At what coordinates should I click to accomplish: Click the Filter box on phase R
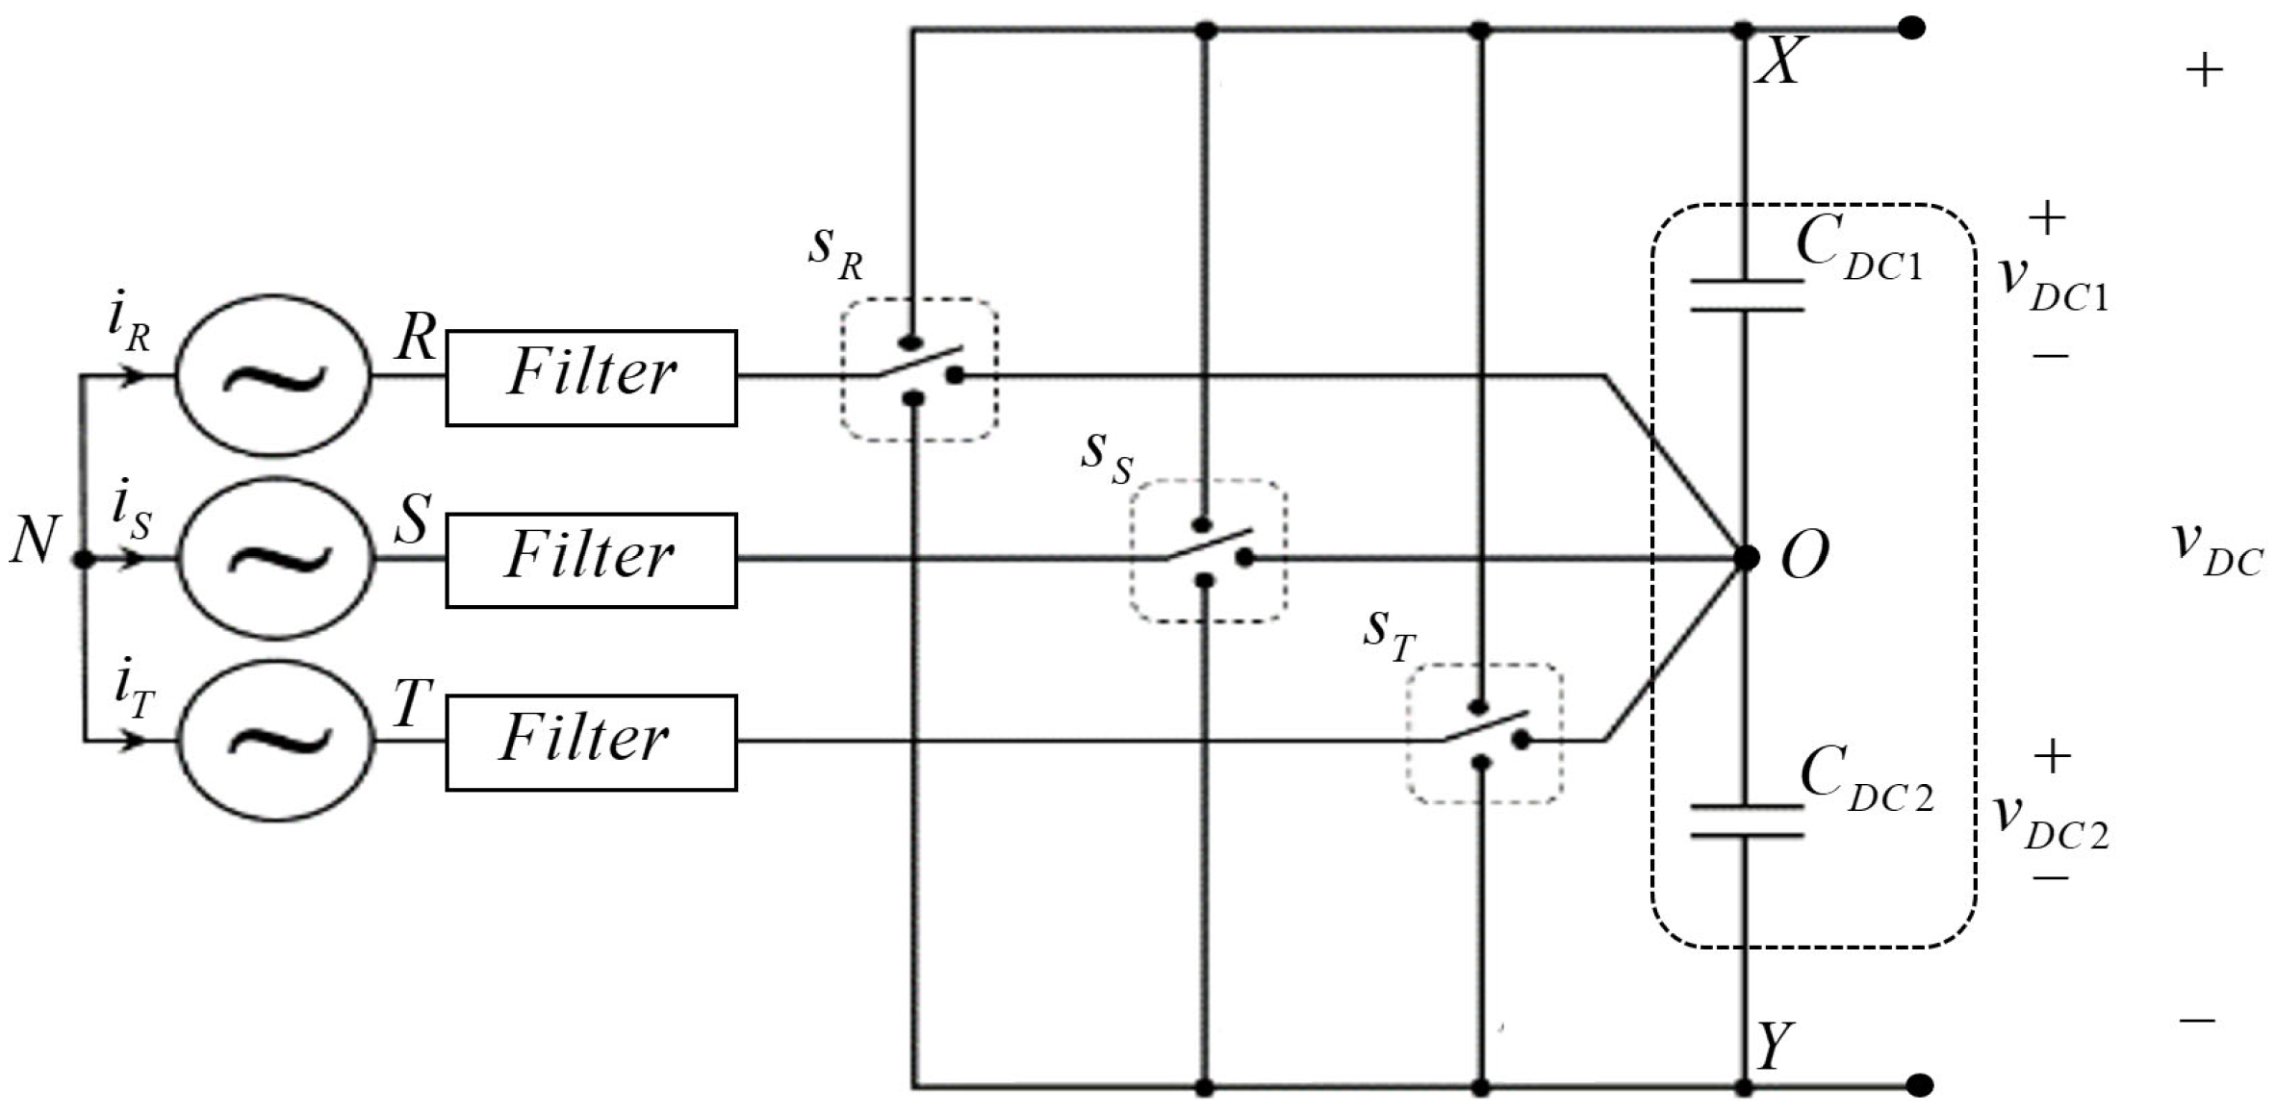pyautogui.click(x=591, y=377)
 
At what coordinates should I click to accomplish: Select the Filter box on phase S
pyautogui.click(x=591, y=560)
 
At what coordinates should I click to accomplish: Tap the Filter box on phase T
pyautogui.click(x=591, y=743)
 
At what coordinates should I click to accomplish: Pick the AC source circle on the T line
pyautogui.click(x=277, y=741)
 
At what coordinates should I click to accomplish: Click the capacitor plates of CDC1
pyautogui.click(x=1746, y=295)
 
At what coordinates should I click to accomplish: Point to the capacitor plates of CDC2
pyautogui.click(x=1746, y=821)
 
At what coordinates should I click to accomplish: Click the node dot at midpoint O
pyautogui.click(x=1746, y=557)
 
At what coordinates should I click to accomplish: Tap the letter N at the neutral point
pyautogui.click(x=35, y=541)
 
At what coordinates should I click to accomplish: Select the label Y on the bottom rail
pyautogui.click(x=1775, y=1047)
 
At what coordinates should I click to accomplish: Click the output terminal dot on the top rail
pyautogui.click(x=1911, y=28)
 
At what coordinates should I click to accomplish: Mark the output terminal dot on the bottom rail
pyautogui.click(x=1919, y=1086)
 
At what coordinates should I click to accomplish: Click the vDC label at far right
pyautogui.click(x=2217, y=550)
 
